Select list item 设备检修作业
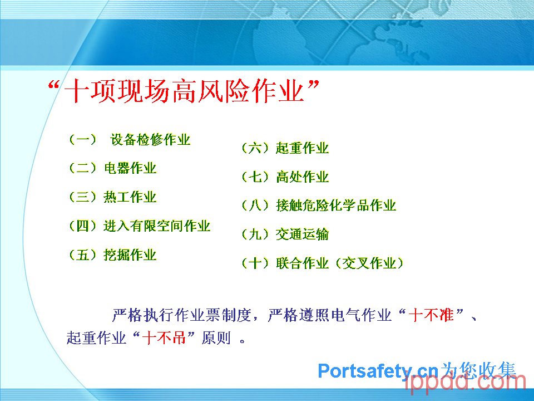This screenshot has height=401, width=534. (x=150, y=139)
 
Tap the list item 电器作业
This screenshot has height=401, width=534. (x=130, y=168)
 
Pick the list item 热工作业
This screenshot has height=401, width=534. (x=130, y=197)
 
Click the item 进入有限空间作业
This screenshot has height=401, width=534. (x=157, y=226)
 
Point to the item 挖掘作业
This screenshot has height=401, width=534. (x=130, y=255)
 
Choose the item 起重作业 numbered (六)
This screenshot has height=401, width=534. (x=303, y=148)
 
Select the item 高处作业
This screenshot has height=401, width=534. (x=303, y=177)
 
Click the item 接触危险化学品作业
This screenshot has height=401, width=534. (x=336, y=206)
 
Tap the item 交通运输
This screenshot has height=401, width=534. (x=303, y=234)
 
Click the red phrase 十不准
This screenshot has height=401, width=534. (x=431, y=315)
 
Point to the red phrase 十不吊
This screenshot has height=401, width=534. (x=164, y=338)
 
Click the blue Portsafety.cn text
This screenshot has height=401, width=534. (x=378, y=371)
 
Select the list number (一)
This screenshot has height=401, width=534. (x=83, y=139)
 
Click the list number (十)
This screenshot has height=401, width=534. (x=255, y=263)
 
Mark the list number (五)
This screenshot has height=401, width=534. (x=83, y=255)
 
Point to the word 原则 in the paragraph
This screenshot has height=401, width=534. (x=216, y=338)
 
